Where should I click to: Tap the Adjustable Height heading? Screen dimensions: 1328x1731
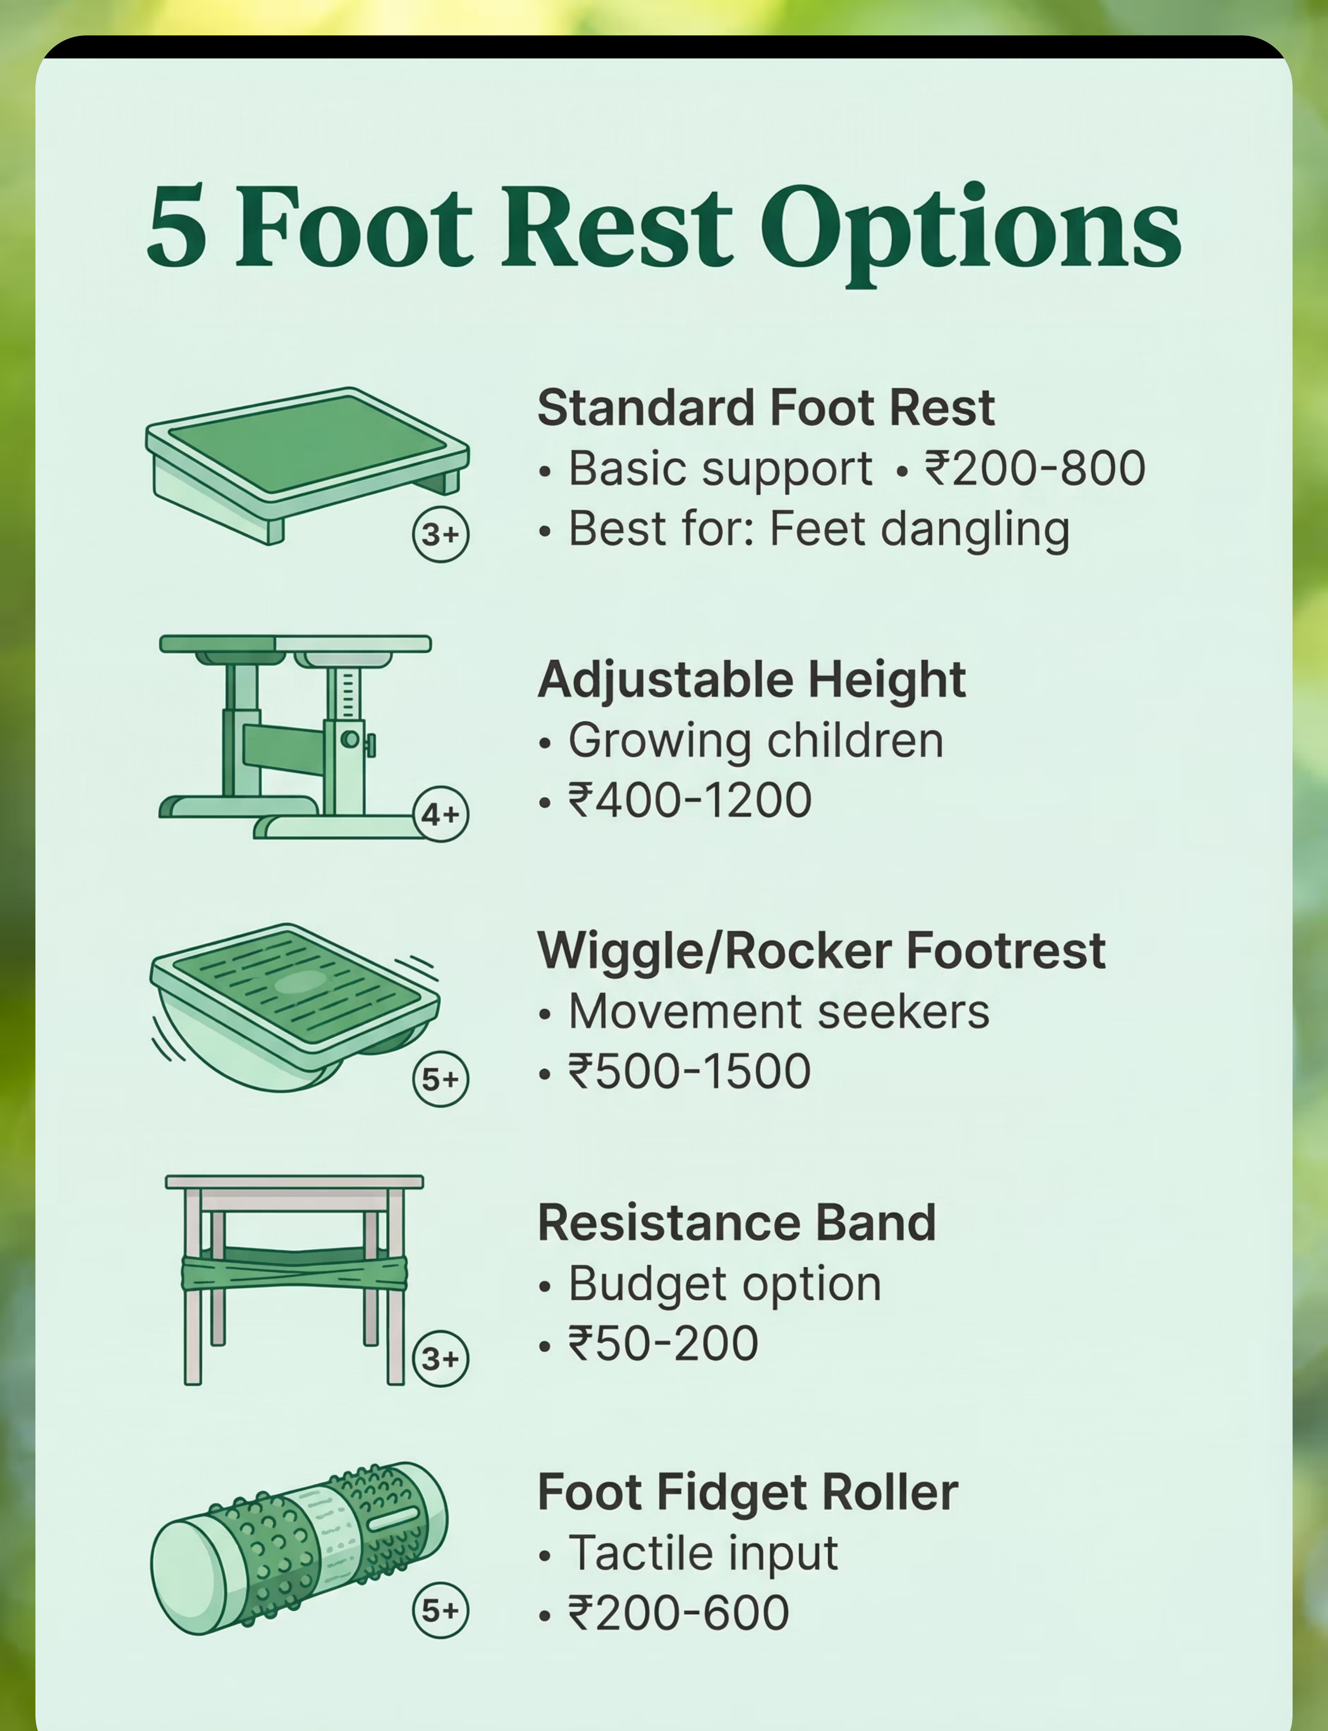coord(751,680)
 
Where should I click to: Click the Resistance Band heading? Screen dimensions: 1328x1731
coord(737,1223)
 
